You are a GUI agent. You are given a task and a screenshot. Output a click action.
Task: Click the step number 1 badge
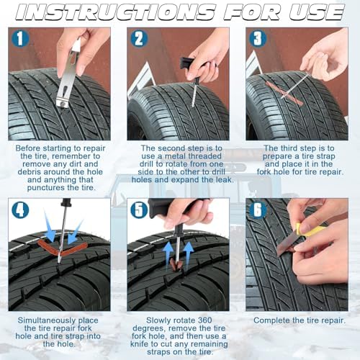point(20,38)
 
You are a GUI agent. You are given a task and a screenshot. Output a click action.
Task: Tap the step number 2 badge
point(139,38)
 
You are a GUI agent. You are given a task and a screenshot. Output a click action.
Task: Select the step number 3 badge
point(258,38)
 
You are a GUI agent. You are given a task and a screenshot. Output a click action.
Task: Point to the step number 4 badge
point(20,210)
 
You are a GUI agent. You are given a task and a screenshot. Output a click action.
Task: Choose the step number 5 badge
point(139,210)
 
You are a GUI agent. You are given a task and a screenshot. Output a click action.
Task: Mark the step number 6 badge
point(258,210)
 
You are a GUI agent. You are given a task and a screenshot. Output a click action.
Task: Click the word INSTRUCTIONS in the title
point(115,12)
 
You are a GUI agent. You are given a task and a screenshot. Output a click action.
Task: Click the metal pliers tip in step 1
point(62,103)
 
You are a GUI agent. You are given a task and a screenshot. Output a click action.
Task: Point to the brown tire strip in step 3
point(284,93)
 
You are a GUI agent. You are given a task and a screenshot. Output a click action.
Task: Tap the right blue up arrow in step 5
point(189,254)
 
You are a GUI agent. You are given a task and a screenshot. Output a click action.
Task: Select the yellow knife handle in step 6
point(310,230)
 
